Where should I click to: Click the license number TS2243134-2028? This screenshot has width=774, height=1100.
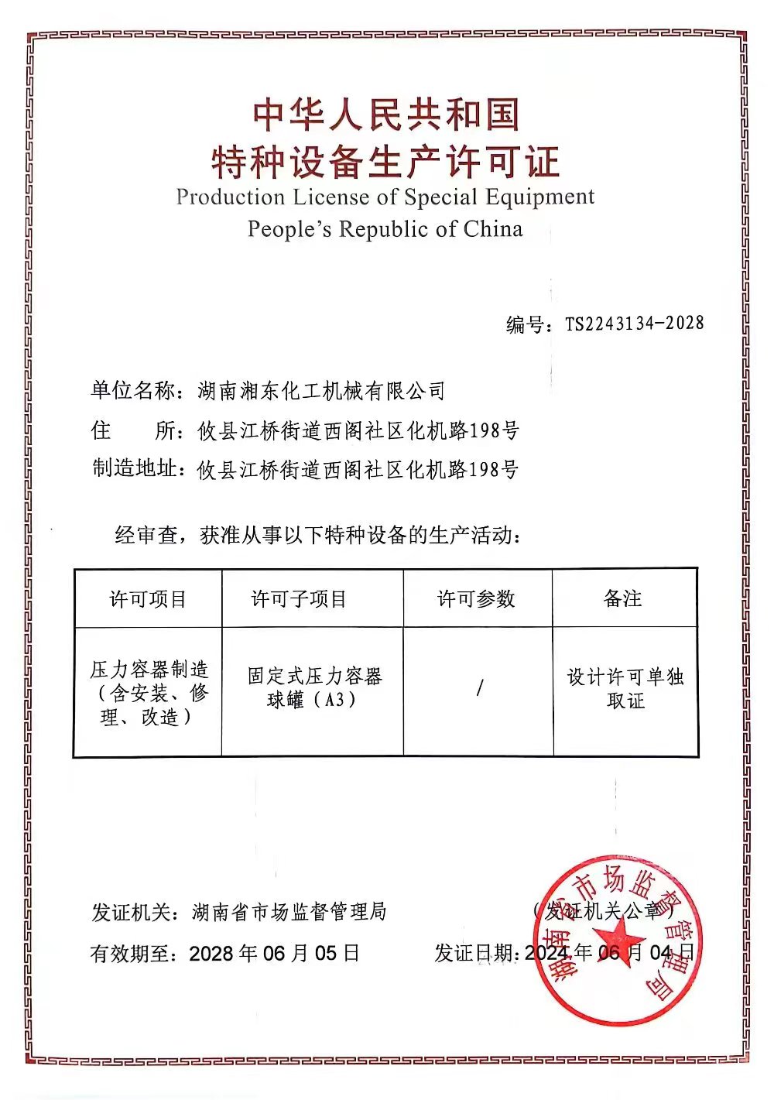(x=634, y=324)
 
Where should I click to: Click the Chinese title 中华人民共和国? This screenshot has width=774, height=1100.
(x=385, y=115)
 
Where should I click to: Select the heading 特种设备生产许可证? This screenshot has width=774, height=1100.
(x=385, y=161)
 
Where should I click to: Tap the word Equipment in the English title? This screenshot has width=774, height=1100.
(x=539, y=197)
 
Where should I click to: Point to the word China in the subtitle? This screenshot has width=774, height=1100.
(x=493, y=229)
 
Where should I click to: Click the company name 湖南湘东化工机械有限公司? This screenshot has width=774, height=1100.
(x=321, y=391)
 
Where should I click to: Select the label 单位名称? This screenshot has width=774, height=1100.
(x=133, y=390)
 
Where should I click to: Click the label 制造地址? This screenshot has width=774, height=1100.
(x=134, y=468)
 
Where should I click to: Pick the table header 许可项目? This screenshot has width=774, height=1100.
(x=148, y=599)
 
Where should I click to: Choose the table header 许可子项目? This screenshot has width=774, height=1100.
(x=300, y=599)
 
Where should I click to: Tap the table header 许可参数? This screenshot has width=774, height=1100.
(x=477, y=599)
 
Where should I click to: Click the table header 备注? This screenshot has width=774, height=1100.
(x=623, y=598)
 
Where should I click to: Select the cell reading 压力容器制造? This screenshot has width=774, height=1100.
(x=149, y=670)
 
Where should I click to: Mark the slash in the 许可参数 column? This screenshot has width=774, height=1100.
(x=480, y=687)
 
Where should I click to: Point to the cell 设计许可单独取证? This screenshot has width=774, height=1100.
(x=625, y=688)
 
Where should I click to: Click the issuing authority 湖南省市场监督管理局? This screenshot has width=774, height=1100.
(x=289, y=912)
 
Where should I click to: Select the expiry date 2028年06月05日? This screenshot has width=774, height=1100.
(x=275, y=953)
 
